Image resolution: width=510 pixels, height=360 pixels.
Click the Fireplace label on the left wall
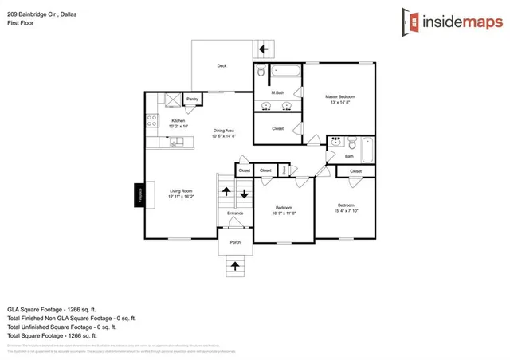(x=139, y=194)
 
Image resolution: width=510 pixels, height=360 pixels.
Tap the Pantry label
(x=192, y=100)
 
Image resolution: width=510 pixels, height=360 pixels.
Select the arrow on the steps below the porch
(x=235, y=265)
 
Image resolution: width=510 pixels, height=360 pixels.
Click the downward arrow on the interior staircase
(x=245, y=193)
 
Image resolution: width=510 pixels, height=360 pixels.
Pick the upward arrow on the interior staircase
(x=226, y=192)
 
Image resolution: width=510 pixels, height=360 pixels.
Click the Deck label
(x=222, y=67)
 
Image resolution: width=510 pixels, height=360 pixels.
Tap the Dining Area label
(x=223, y=133)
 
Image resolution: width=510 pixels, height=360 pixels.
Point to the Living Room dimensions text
(x=181, y=196)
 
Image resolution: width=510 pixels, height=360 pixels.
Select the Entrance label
(x=235, y=213)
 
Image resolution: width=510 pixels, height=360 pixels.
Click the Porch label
(x=235, y=242)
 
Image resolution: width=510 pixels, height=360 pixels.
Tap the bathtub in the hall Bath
(x=366, y=148)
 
